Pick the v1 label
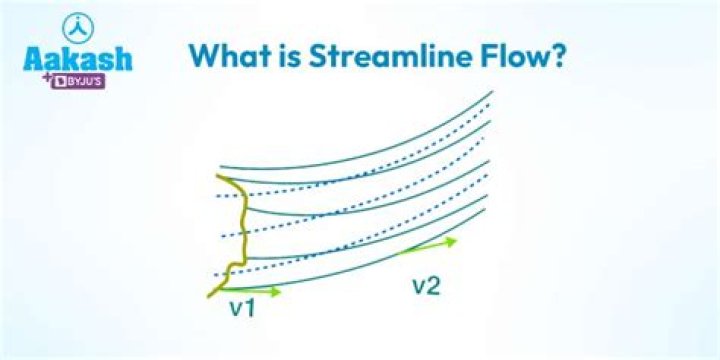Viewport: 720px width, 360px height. click(x=241, y=308)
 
